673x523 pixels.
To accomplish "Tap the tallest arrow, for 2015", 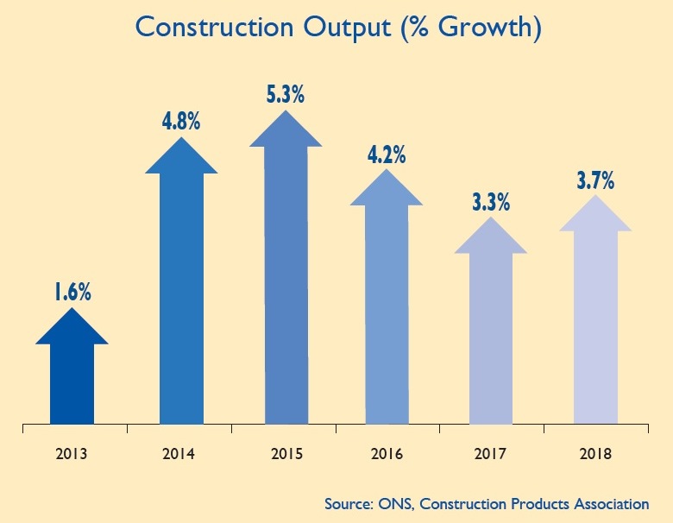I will point(286,268).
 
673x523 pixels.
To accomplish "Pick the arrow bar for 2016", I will point(387,302).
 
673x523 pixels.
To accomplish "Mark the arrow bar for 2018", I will point(595,319).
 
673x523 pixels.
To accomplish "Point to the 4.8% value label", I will point(181,119).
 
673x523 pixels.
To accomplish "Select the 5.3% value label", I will point(286,93).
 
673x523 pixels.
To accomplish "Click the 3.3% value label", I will point(491,204).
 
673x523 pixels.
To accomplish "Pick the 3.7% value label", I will point(595,181).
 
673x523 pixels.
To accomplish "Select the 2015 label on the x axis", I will point(286,452).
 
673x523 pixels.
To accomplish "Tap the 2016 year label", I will point(386,452).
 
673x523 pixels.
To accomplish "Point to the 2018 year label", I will point(595,452).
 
